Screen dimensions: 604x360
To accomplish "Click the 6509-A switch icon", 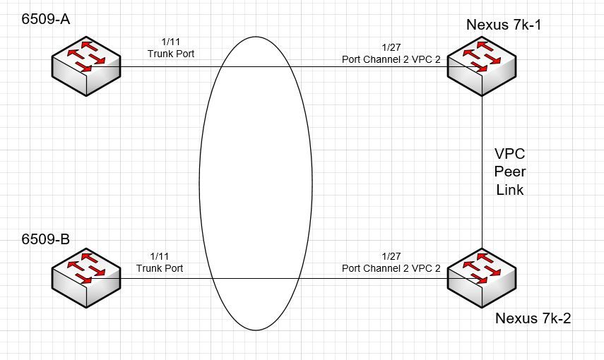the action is click(86, 66).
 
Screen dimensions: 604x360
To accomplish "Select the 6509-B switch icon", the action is click(86, 278).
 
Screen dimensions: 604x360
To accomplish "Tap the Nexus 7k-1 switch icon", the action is click(482, 66).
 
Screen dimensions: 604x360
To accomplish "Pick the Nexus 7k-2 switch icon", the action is click(482, 278).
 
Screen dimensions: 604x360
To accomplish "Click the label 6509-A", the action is click(45, 19).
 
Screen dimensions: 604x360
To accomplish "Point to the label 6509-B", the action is click(45, 239).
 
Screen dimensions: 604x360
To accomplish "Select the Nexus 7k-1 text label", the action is click(504, 25).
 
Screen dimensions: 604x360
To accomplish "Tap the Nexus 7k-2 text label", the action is click(533, 318).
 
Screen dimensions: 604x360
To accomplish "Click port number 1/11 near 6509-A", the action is click(171, 42).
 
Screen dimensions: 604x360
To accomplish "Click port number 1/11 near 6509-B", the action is click(160, 256).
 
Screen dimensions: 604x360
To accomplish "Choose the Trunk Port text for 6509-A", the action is click(171, 54).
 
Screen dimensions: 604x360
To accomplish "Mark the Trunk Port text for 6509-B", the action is click(160, 268).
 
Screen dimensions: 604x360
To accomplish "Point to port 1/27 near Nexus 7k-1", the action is click(391, 47).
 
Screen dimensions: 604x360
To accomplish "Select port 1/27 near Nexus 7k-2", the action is click(391, 256).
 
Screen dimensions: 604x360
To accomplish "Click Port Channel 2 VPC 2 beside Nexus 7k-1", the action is click(391, 59).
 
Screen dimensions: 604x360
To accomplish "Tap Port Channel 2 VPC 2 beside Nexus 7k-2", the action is click(391, 268).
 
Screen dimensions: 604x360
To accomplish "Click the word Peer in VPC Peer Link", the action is click(509, 172).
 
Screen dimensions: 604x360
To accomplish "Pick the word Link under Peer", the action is click(509, 189).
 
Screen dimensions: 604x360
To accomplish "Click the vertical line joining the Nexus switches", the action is click(482, 172).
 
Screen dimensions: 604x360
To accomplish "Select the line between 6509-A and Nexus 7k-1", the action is click(284, 66).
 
